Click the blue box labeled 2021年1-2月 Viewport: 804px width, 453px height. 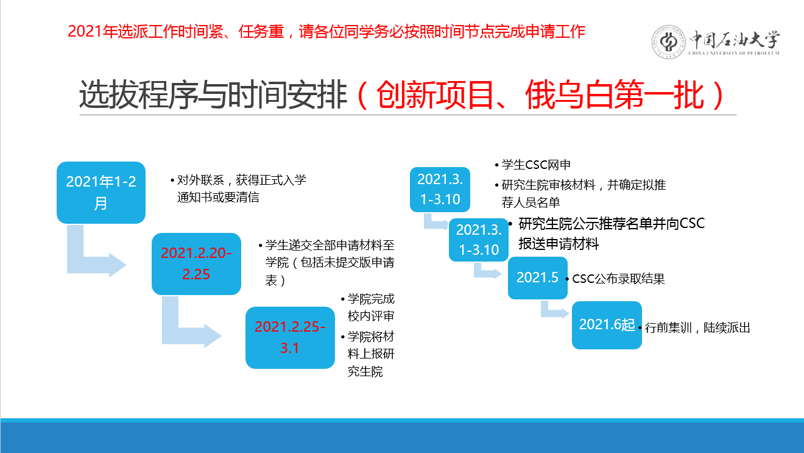pyautogui.click(x=101, y=193)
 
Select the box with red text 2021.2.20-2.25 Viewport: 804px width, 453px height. pyautogui.click(x=196, y=264)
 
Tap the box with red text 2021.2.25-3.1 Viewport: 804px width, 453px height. pyautogui.click(x=290, y=338)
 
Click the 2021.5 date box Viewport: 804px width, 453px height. pyautogui.click(x=538, y=277)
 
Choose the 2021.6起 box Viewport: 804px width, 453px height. pyautogui.click(x=607, y=325)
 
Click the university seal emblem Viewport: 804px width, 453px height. pyautogui.click(x=669, y=42)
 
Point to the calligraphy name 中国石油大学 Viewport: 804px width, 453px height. pyautogui.click(x=735, y=40)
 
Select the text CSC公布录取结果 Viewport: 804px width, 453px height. pyautogui.click(x=618, y=279)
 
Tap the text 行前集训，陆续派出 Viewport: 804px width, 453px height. pyautogui.click(x=697, y=327)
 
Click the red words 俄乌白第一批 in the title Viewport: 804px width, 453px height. pyautogui.click(x=614, y=95)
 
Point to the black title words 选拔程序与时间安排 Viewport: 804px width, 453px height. pyautogui.click(x=213, y=95)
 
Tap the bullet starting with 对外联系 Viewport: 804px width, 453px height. pyautogui.click(x=238, y=188)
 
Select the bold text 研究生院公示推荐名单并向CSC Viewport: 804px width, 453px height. pyautogui.click(x=612, y=223)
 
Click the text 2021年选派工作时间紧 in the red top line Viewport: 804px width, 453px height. pyautogui.click(x=146, y=32)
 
